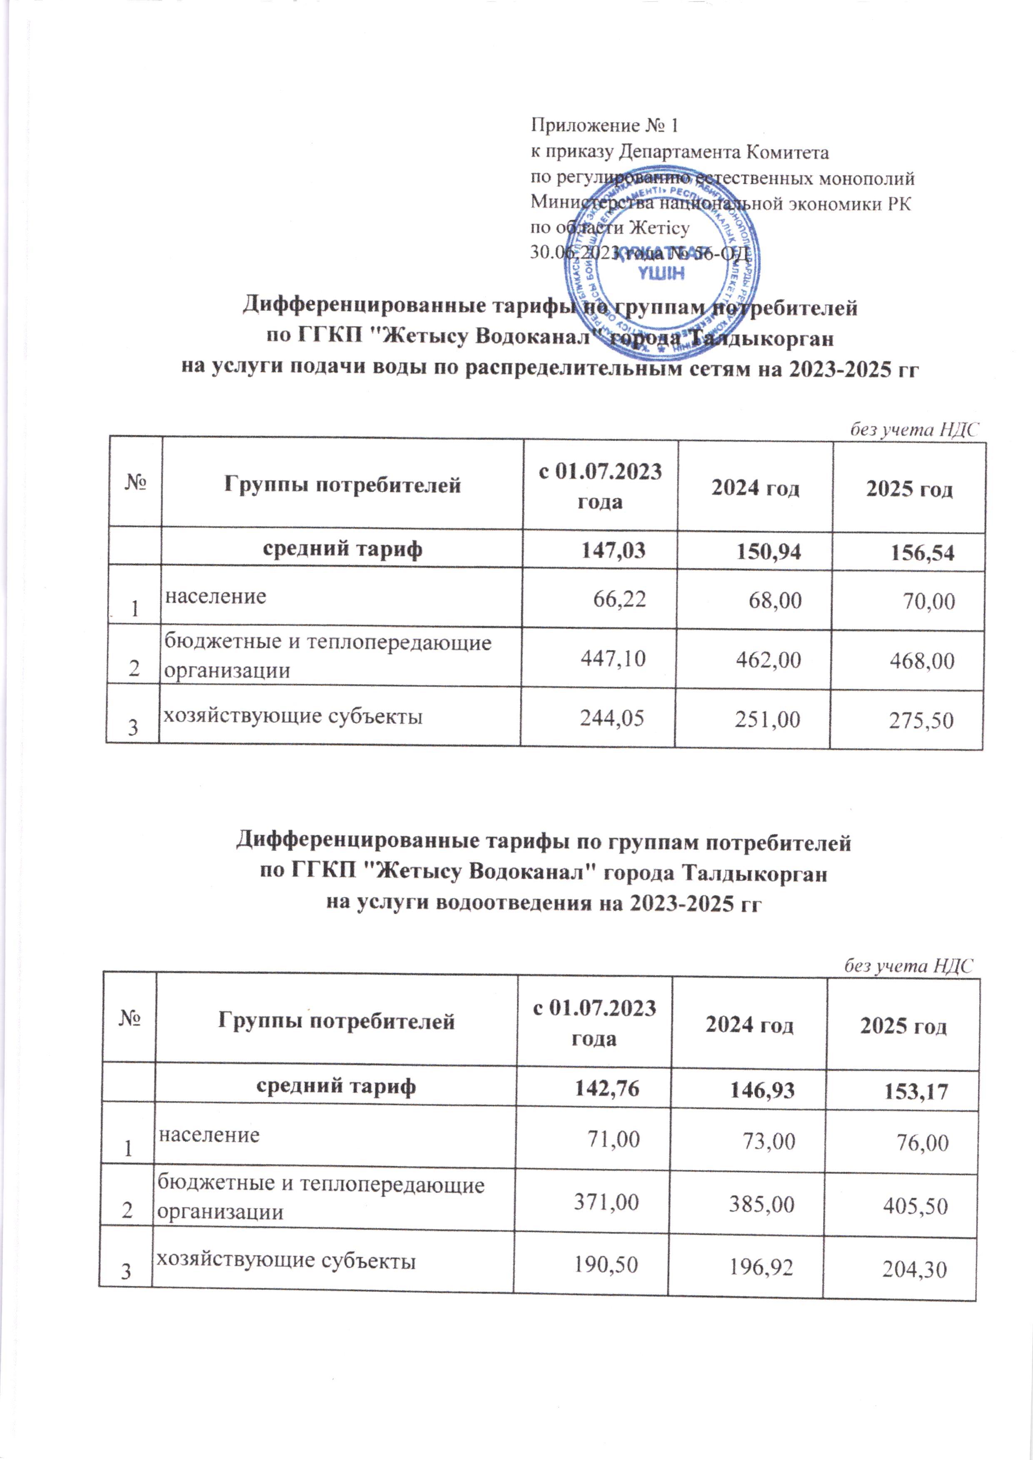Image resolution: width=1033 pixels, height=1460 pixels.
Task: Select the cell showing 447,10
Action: coord(613,658)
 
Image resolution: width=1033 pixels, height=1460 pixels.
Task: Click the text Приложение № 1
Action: coord(605,125)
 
